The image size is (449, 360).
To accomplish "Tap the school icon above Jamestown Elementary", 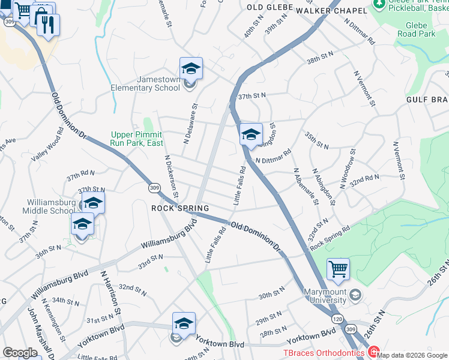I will tap(191, 69).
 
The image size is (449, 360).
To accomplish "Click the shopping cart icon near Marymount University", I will tap(339, 269).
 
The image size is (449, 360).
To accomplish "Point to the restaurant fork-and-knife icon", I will tap(48, 25).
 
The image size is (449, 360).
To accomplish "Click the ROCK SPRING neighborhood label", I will tap(179, 208).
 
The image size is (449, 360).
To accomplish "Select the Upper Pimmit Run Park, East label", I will tap(137, 139).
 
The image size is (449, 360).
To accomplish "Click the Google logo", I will tap(20, 353).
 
